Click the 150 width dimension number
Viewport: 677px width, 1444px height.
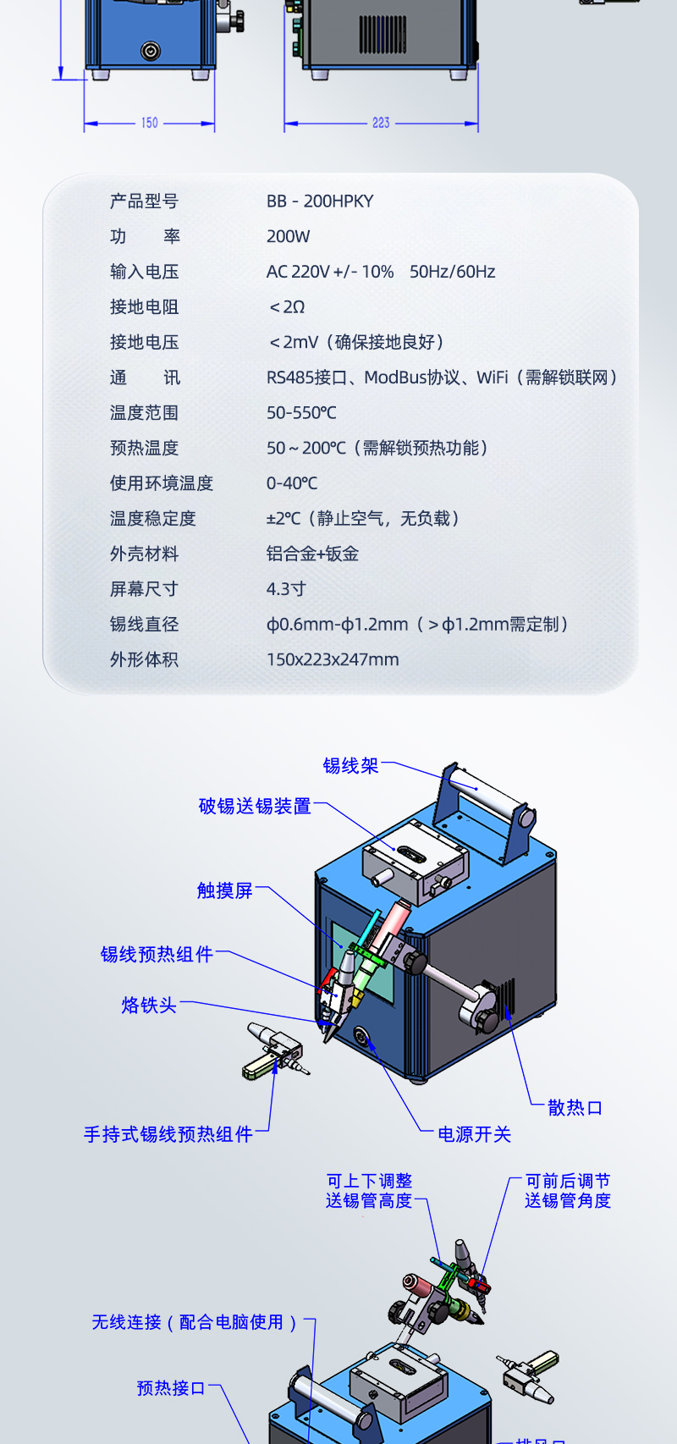pyautogui.click(x=150, y=123)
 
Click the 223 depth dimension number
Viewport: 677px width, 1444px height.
pyautogui.click(x=381, y=123)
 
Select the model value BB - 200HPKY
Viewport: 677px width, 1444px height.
pyautogui.click(x=320, y=201)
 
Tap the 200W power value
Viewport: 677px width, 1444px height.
pyautogui.click(x=289, y=237)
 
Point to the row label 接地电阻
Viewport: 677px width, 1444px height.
pyautogui.click(x=145, y=307)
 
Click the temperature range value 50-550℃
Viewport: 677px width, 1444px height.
pyautogui.click(x=301, y=412)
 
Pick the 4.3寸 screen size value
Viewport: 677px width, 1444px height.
pyautogui.click(x=286, y=588)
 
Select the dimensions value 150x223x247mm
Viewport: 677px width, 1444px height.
pyautogui.click(x=333, y=659)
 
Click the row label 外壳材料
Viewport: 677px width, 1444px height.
pyautogui.click(x=145, y=553)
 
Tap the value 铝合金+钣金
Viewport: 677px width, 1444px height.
pyautogui.click(x=313, y=553)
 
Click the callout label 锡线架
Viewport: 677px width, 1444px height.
pyautogui.click(x=350, y=765)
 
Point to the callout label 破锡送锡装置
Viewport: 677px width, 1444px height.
pyautogui.click(x=255, y=806)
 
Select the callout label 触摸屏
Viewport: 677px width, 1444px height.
pyautogui.click(x=225, y=890)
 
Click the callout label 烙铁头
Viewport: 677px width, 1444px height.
pyautogui.click(x=149, y=1005)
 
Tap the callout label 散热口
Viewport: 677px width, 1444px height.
pyautogui.click(x=575, y=1107)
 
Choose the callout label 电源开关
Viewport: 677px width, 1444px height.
pyautogui.click(x=475, y=1134)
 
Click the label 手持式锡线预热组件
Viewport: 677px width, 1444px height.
pyautogui.click(x=168, y=1134)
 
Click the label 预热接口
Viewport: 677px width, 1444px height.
pyautogui.click(x=171, y=1388)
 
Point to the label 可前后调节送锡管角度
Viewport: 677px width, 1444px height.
pyautogui.click(x=567, y=1191)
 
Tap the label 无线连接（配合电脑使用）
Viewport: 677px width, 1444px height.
pyautogui.click(x=195, y=1322)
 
